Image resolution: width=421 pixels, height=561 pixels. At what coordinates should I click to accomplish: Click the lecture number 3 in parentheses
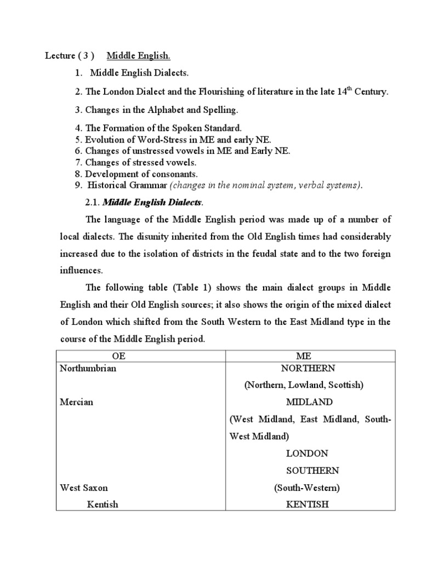[x=85, y=56]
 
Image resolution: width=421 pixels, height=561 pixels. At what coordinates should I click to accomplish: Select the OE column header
[x=119, y=356]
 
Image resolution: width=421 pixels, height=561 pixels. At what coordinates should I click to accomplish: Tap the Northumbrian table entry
[x=88, y=368]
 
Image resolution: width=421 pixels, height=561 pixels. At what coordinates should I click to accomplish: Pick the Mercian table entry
[x=76, y=402]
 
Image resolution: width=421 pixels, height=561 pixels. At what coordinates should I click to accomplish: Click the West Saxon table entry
[x=84, y=487]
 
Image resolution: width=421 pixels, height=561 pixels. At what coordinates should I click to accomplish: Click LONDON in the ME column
[x=307, y=453]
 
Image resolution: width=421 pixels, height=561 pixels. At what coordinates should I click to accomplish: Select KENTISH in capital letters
[x=308, y=504]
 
